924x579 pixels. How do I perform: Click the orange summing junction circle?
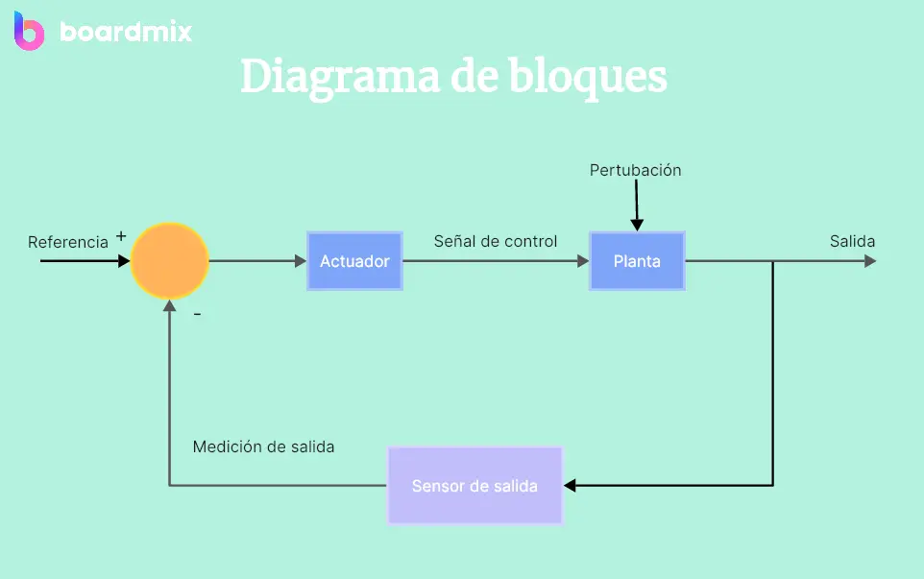pyautogui.click(x=170, y=261)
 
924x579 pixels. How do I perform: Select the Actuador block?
pyautogui.click(x=354, y=261)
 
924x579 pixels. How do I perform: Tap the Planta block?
pyautogui.click(x=637, y=261)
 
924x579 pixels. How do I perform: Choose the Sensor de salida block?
pyautogui.click(x=474, y=486)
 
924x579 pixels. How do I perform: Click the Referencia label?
pyautogui.click(x=68, y=242)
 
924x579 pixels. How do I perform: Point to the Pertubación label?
pyautogui.click(x=635, y=170)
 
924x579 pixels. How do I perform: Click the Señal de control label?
pyautogui.click(x=496, y=241)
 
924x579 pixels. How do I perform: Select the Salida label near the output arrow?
pyautogui.click(x=852, y=241)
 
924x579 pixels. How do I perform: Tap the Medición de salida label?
pyautogui.click(x=263, y=446)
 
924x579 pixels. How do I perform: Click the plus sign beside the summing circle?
pyautogui.click(x=121, y=236)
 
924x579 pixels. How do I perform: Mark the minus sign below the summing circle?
pyautogui.click(x=198, y=315)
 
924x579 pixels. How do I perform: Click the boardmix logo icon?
pyautogui.click(x=29, y=31)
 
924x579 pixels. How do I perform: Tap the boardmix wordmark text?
pyautogui.click(x=126, y=32)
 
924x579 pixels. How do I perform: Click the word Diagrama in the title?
pyautogui.click(x=340, y=77)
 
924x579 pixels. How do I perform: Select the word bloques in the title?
pyautogui.click(x=588, y=77)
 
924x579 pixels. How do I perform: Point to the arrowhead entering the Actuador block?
pyautogui.click(x=301, y=261)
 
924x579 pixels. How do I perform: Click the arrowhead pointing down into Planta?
pyautogui.click(x=637, y=225)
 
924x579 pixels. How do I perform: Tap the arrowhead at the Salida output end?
pyautogui.click(x=870, y=261)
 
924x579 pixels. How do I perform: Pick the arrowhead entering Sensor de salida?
pyautogui.click(x=570, y=485)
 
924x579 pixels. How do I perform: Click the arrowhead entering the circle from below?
pyautogui.click(x=170, y=305)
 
